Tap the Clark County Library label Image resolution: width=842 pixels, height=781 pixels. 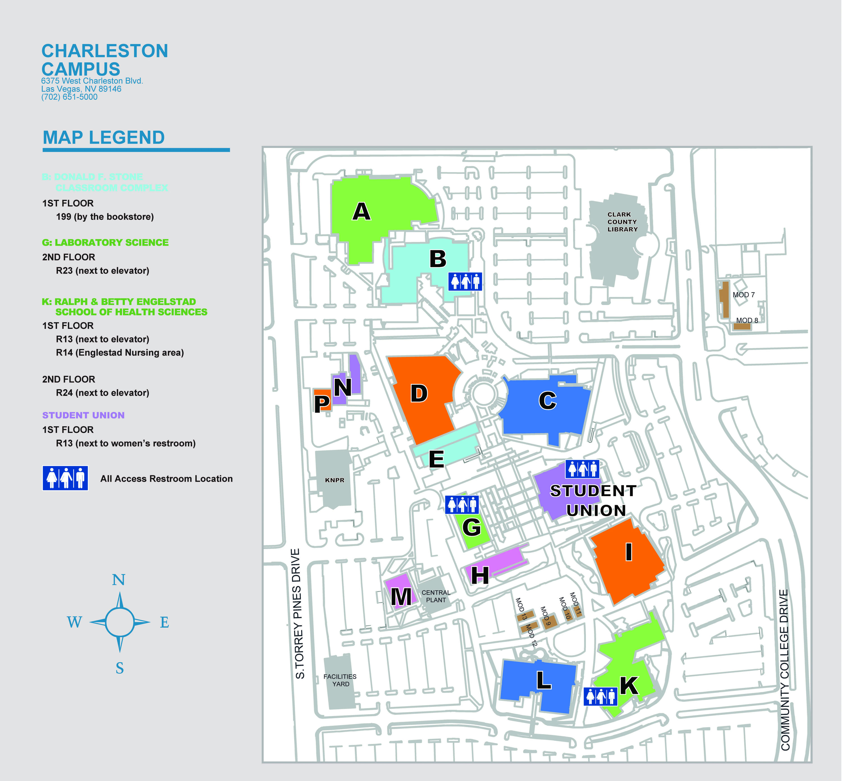click(x=622, y=222)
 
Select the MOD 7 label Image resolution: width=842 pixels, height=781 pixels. click(x=743, y=295)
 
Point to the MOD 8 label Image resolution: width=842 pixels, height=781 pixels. click(x=747, y=320)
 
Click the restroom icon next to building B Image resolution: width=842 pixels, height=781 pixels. click(x=465, y=281)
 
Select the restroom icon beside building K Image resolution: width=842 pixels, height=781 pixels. click(x=600, y=697)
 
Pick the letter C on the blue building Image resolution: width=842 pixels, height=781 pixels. click(x=547, y=401)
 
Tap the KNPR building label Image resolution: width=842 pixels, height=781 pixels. click(x=334, y=480)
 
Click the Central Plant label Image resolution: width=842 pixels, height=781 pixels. click(x=436, y=596)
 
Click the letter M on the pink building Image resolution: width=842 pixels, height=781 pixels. click(x=401, y=597)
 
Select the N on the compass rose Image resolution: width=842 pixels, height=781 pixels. click(x=119, y=580)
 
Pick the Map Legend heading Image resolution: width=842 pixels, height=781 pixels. click(x=104, y=138)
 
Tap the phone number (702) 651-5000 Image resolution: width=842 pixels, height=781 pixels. click(x=69, y=97)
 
